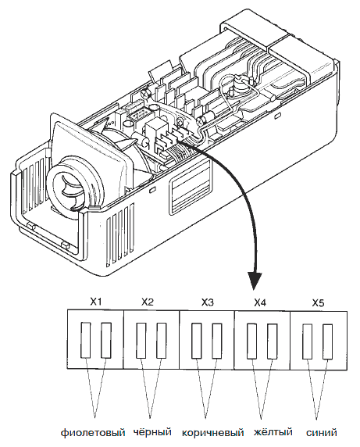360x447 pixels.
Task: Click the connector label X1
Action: pyautogui.click(x=96, y=302)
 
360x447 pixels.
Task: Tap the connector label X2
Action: pyautogui.click(x=148, y=302)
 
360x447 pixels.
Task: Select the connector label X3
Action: pyautogui.click(x=208, y=302)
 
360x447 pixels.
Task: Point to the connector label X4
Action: pyautogui.click(x=260, y=302)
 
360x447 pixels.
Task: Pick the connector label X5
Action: pyautogui.click(x=318, y=303)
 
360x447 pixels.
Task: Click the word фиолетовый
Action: pyautogui.click(x=93, y=433)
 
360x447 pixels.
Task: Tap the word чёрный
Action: pyautogui.click(x=152, y=431)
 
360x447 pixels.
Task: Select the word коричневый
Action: pyautogui.click(x=212, y=433)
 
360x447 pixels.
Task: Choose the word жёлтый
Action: pyautogui.click(x=273, y=431)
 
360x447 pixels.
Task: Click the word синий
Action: pyautogui.click(x=322, y=433)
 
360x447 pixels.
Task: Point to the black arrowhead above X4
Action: pyautogui.click(x=255, y=281)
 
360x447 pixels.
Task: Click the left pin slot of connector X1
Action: pyautogui.click(x=85, y=340)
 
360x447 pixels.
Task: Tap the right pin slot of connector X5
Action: pyautogui.click(x=327, y=342)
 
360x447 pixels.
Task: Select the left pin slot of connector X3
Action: pyautogui.click(x=196, y=341)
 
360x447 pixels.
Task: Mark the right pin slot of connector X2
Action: pyautogui.click(x=162, y=341)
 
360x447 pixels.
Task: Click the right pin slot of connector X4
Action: pyautogui.click(x=273, y=342)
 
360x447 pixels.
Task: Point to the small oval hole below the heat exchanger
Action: pyautogui.click(x=277, y=116)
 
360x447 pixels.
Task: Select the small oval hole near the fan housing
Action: pyautogui.click(x=152, y=188)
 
